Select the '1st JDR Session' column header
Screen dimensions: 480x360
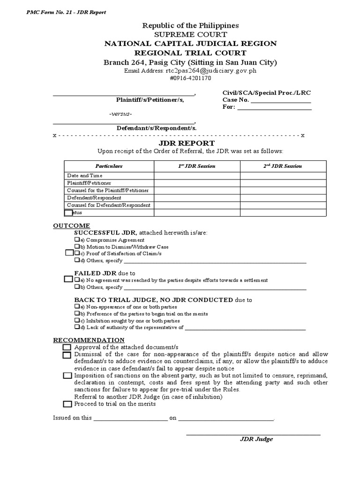197,166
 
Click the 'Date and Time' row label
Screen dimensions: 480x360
85,175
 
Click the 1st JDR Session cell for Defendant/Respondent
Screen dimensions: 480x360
197,198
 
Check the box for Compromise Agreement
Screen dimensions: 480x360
77,240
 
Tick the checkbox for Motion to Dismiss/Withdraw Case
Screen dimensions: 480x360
77,247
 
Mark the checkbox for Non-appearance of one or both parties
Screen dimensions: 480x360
77,307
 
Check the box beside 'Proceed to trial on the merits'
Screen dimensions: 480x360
67,404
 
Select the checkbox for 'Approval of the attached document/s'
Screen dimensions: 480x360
67,347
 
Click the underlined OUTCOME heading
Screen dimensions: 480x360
71,226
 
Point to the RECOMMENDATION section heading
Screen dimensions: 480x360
89,340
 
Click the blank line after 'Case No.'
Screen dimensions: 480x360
281,100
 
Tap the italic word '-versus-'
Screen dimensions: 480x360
120,114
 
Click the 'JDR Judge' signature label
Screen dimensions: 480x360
256,439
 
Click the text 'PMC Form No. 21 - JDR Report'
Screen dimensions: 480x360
66,12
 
